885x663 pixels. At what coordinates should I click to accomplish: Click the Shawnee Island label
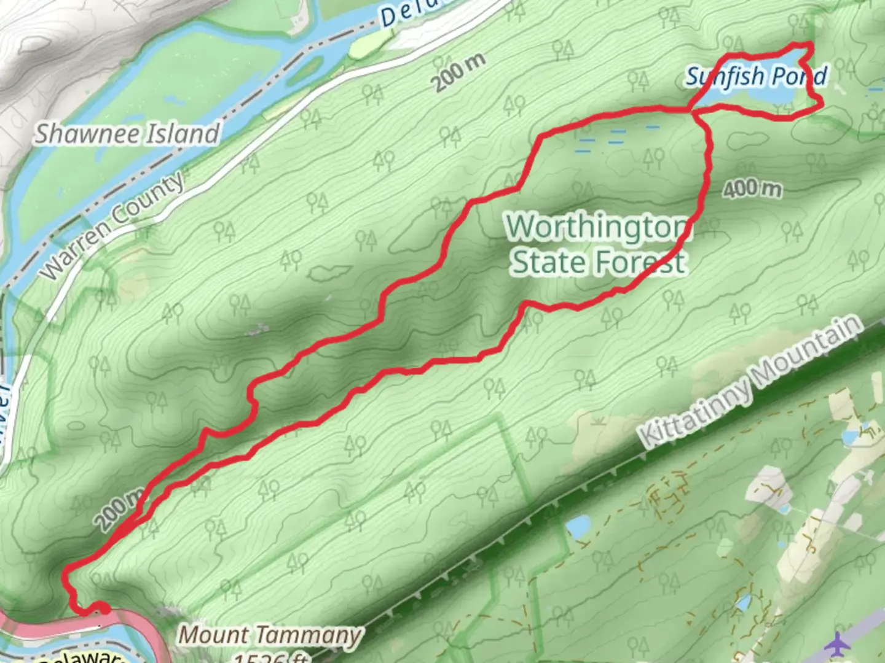127,133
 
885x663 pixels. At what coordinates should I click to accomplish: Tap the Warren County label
113,225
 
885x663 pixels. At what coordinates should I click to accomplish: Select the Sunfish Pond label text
756,77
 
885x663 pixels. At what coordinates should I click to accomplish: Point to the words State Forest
598,263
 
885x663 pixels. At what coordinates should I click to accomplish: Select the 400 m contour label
752,188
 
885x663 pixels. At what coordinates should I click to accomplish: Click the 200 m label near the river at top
458,72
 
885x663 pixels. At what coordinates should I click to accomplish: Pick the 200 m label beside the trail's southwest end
120,510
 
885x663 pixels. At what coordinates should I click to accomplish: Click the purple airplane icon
836,645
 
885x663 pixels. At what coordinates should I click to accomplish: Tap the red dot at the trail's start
104,609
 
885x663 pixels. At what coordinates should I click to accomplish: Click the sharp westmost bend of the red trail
66,571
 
